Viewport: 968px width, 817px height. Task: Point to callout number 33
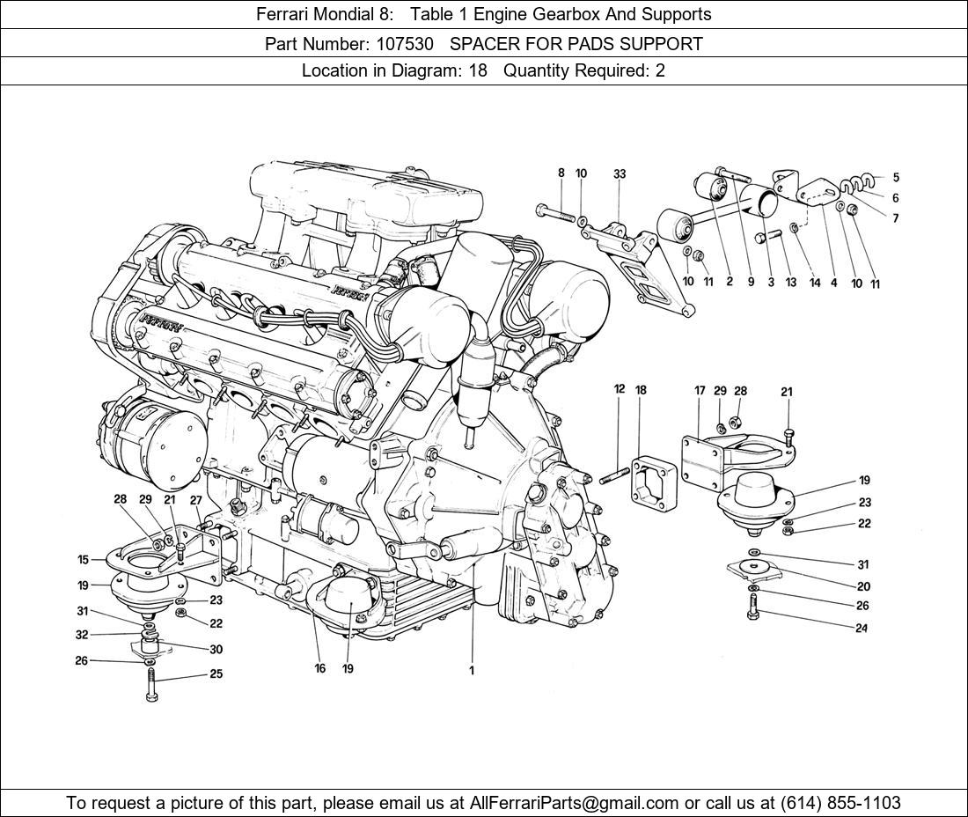(x=620, y=174)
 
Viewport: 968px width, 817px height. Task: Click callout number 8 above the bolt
(x=561, y=173)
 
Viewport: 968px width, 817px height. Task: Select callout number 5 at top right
(x=896, y=178)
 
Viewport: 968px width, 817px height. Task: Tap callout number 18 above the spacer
(x=641, y=389)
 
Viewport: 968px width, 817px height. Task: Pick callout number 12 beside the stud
(x=620, y=389)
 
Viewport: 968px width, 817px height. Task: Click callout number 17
(x=700, y=390)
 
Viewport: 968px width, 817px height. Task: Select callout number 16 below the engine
(x=320, y=668)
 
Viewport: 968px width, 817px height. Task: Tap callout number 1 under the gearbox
(x=472, y=670)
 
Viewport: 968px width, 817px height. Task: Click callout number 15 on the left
(x=83, y=559)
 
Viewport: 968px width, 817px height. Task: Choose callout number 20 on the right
(x=863, y=586)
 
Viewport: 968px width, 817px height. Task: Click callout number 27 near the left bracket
(x=196, y=500)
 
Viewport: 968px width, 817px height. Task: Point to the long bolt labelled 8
(x=554, y=211)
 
